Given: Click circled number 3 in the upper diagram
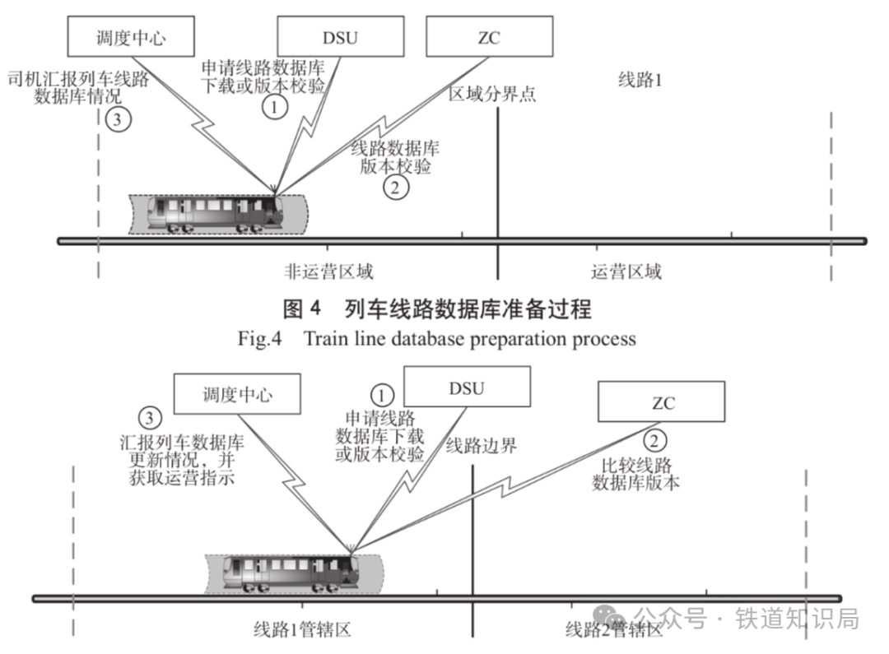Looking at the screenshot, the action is [x=118, y=119].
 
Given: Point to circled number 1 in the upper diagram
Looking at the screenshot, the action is [x=275, y=107].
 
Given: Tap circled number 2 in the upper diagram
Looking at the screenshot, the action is [x=395, y=187].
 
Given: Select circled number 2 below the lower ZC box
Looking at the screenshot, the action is [x=654, y=440].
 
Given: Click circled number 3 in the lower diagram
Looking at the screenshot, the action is [x=150, y=418].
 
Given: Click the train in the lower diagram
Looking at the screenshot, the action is [x=291, y=573].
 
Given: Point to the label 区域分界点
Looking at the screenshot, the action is [x=492, y=94].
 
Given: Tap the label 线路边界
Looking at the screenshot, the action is [x=481, y=445].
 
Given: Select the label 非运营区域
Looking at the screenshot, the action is [x=328, y=271].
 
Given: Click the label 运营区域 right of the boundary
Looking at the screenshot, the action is [x=626, y=271].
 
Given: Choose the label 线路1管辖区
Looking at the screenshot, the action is [x=302, y=629].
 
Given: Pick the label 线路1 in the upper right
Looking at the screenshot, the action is [x=640, y=79].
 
